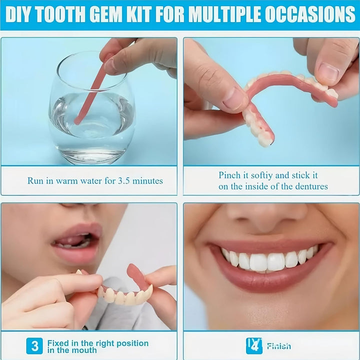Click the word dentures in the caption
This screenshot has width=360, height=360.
[x=310, y=186]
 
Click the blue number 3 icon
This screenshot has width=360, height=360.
[x=34, y=345]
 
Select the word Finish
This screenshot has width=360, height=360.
[x=278, y=345]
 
